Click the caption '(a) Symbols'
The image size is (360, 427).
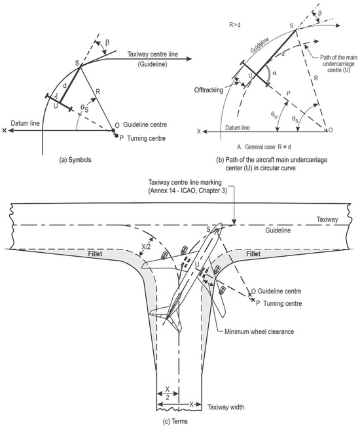(75, 160)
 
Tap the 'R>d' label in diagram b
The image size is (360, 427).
(234, 25)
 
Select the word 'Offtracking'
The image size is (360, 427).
(208, 90)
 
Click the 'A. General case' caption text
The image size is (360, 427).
(264, 147)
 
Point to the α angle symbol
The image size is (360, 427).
(274, 73)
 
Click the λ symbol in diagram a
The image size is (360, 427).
(56, 96)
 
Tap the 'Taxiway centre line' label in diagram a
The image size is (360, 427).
(153, 54)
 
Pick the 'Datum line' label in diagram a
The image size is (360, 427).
(25, 123)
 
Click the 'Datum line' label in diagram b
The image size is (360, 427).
(238, 128)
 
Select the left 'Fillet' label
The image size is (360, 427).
(95, 254)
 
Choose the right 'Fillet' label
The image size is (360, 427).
(253, 254)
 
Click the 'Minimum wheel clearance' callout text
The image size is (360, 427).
(259, 331)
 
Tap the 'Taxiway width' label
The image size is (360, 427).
(226, 407)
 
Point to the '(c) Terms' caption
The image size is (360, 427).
(175, 421)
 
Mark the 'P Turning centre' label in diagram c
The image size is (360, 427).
(279, 303)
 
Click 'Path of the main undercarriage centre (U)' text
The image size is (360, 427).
(338, 64)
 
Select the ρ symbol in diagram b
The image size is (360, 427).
(289, 93)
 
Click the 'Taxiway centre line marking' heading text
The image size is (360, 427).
(185, 182)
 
